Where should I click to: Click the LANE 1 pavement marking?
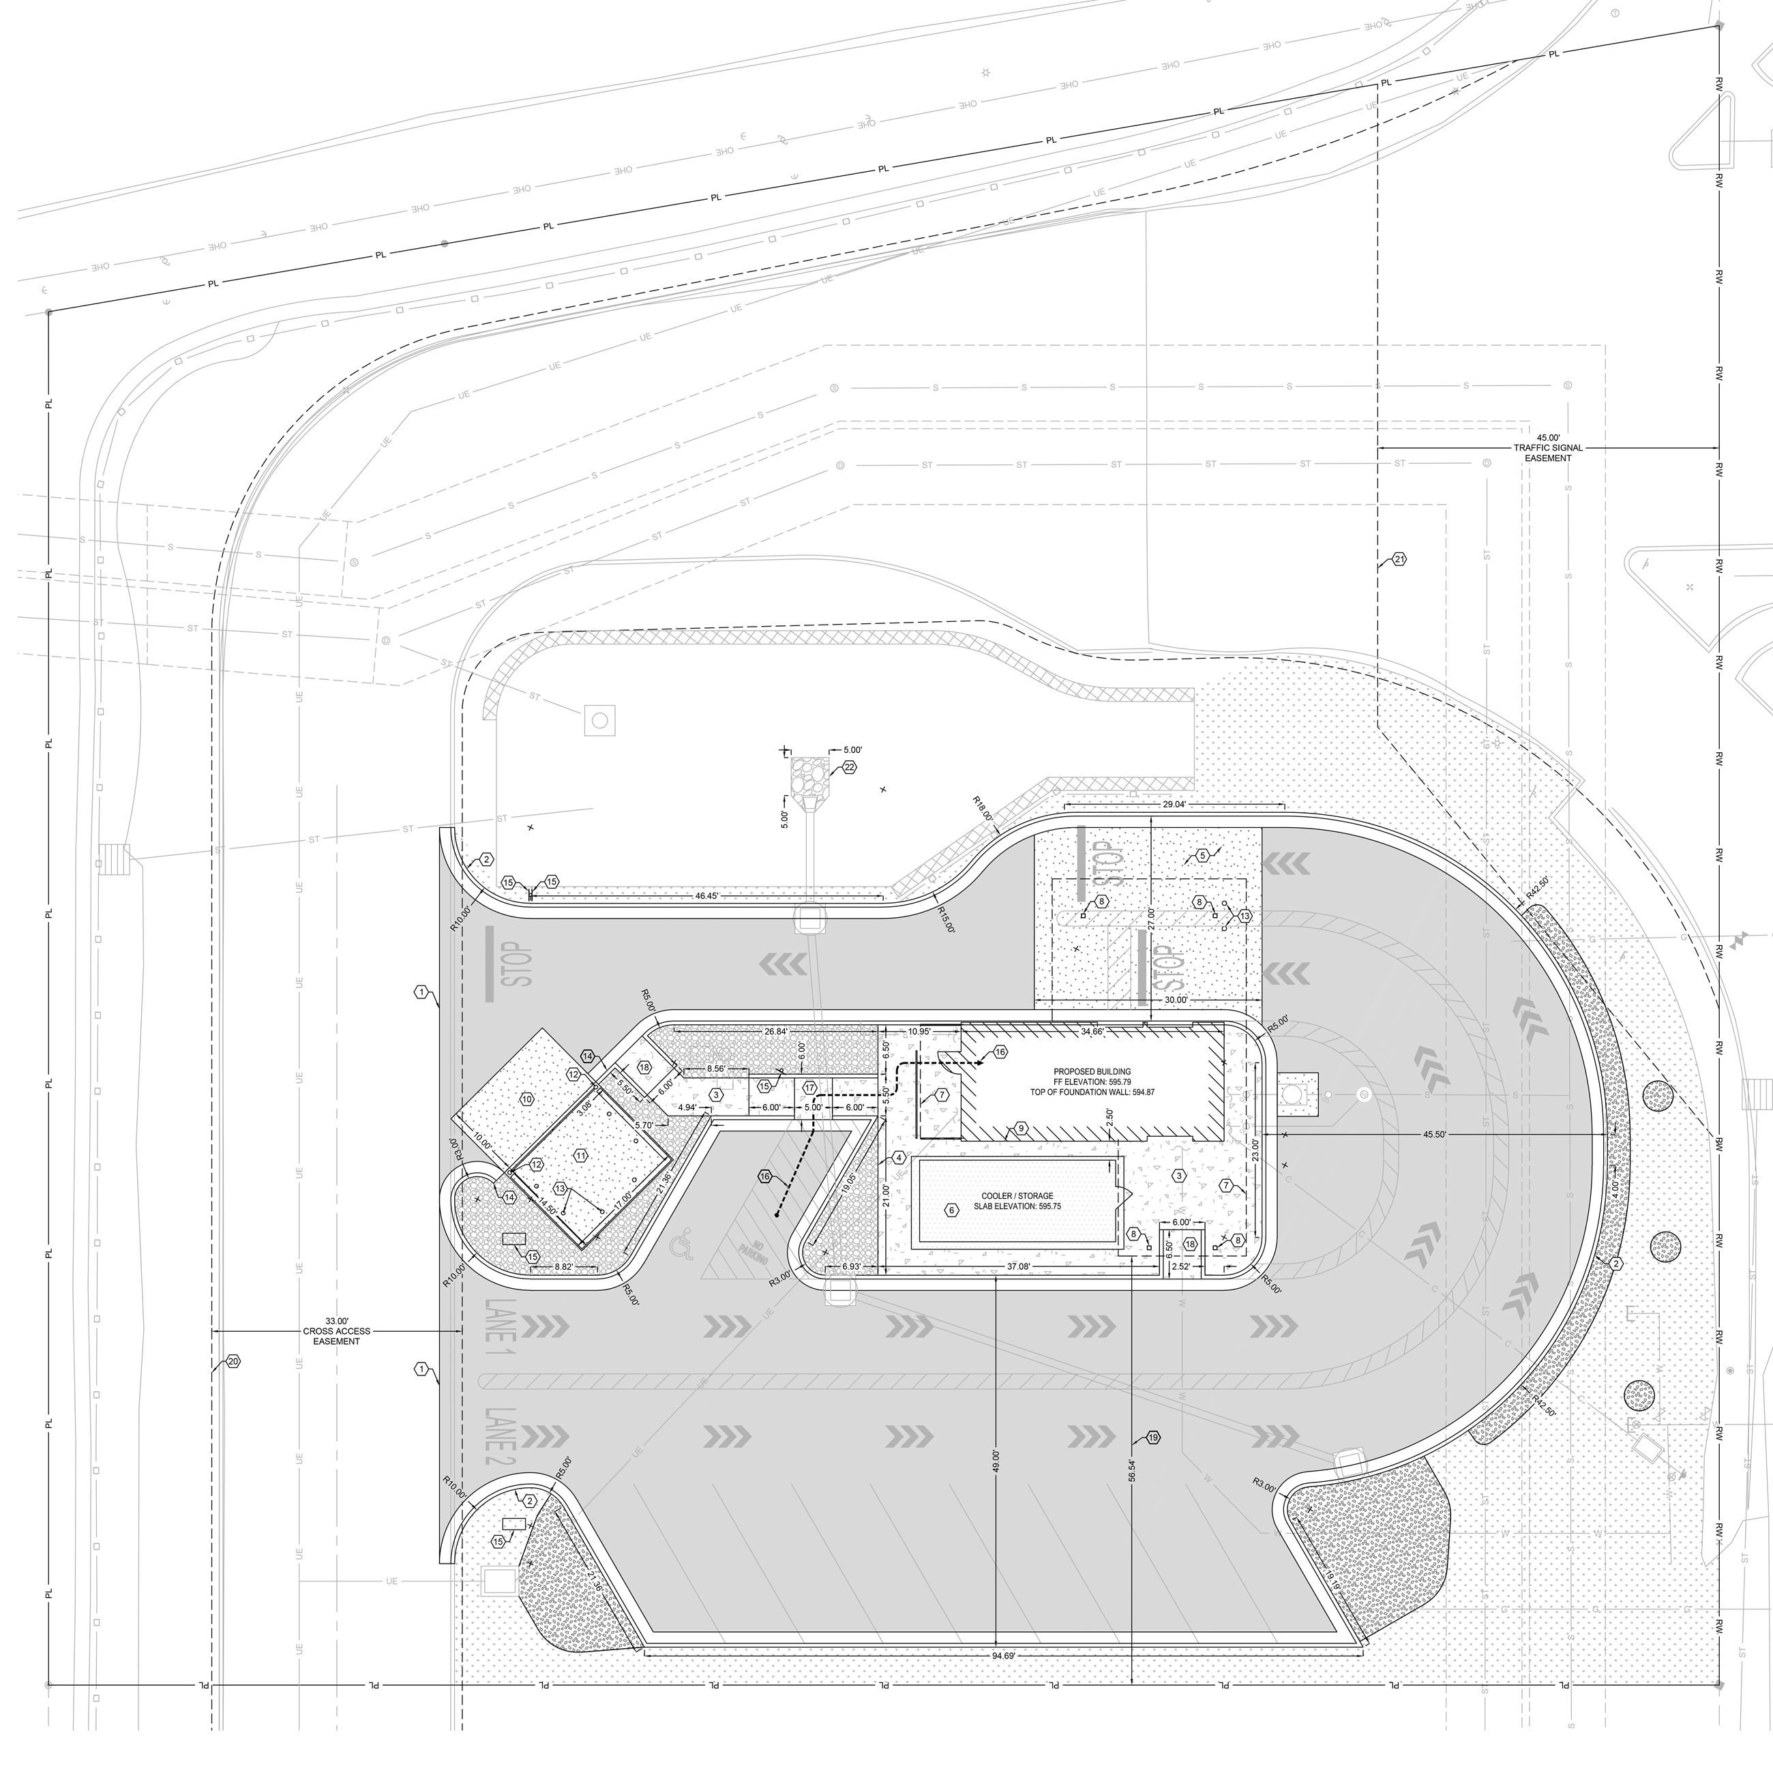(501, 1327)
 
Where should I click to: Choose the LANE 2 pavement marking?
(501, 1436)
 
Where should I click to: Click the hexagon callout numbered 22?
(849, 767)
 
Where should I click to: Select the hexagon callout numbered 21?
(1399, 559)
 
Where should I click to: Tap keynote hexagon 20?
(233, 1362)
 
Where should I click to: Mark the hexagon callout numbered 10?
(526, 1099)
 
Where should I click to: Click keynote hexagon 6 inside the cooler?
(952, 1210)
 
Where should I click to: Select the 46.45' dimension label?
(706, 895)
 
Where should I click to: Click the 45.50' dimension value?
(1434, 1134)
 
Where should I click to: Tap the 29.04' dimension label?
(1174, 804)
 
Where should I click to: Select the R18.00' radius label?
(982, 809)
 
